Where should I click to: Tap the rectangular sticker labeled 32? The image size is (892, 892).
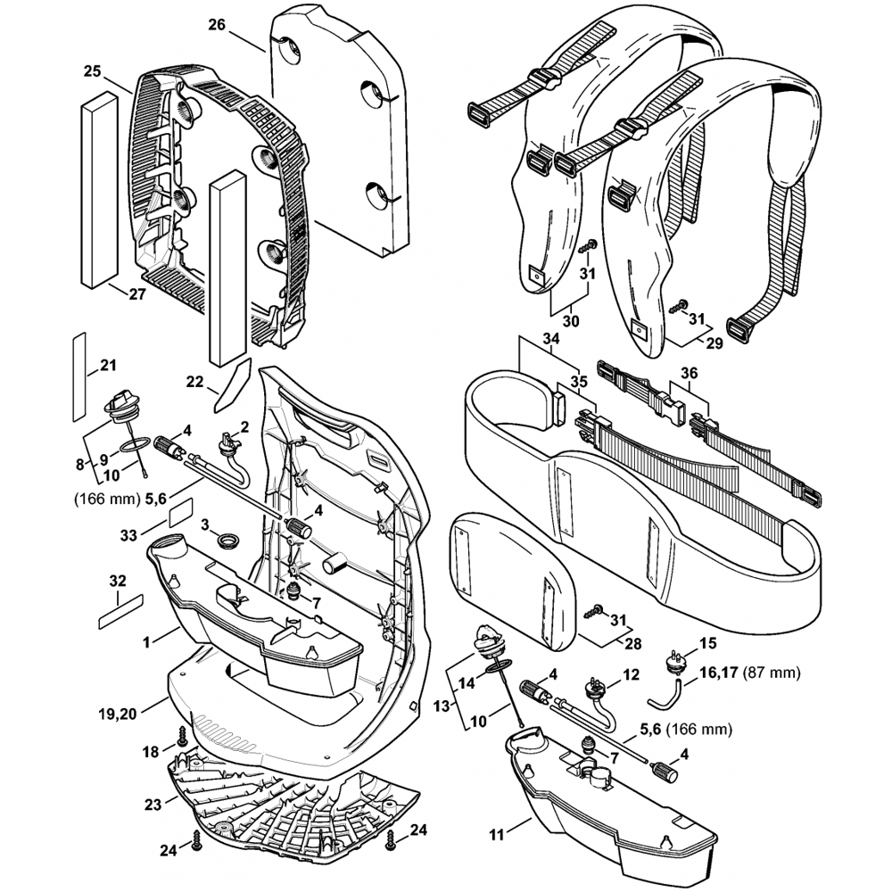tap(120, 608)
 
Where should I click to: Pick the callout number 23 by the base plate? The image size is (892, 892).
tap(153, 804)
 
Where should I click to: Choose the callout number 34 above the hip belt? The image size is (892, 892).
tap(551, 339)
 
